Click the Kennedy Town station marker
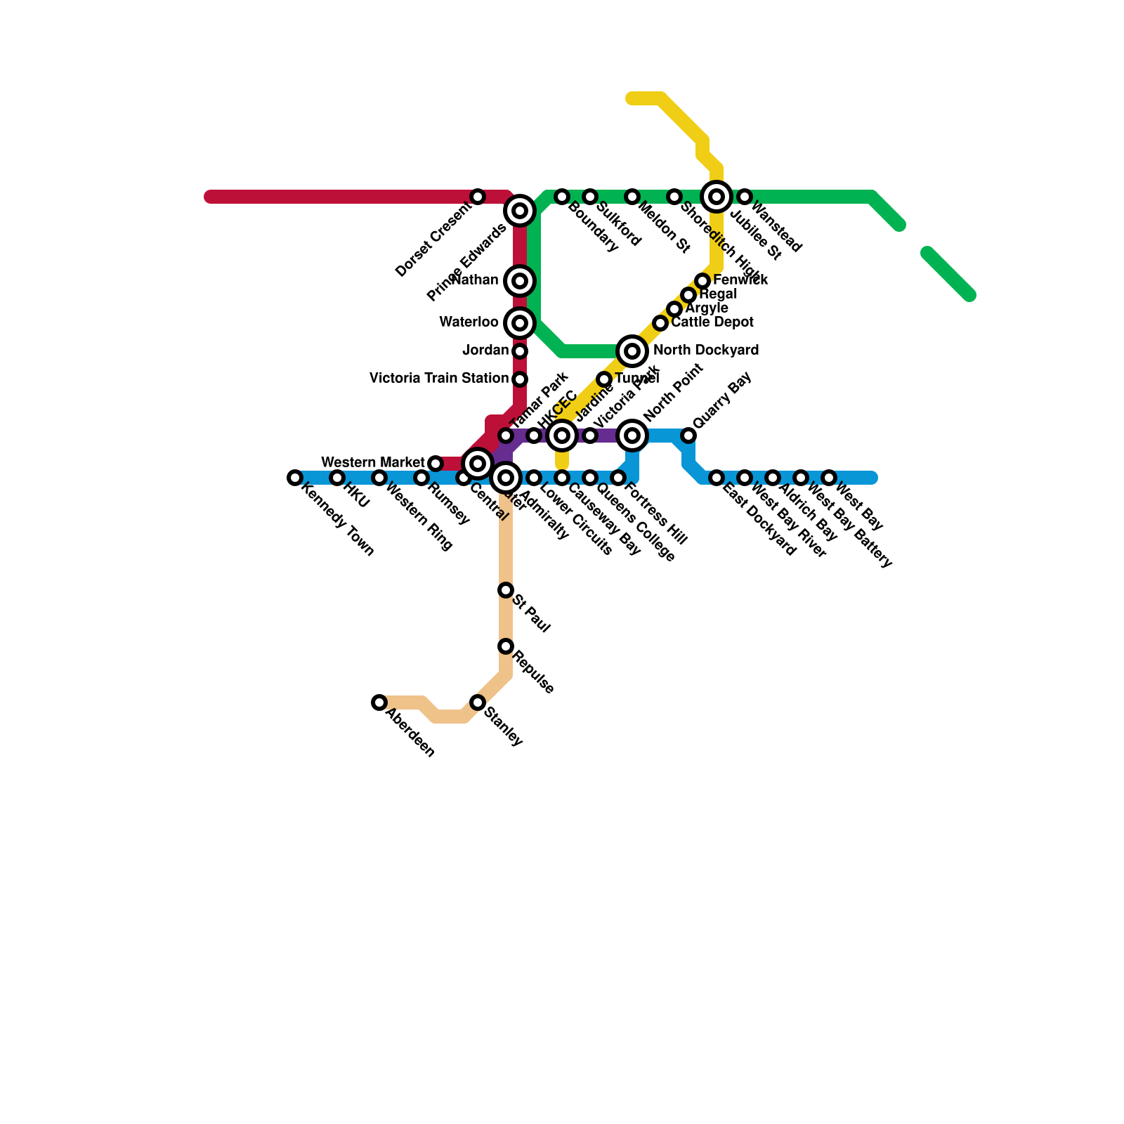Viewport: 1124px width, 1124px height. [x=295, y=478]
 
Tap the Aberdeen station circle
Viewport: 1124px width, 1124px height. [x=379, y=702]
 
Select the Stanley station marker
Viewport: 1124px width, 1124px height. [x=478, y=702]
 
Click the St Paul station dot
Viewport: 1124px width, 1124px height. [x=506, y=590]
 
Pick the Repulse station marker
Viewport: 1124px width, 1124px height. [x=506, y=646]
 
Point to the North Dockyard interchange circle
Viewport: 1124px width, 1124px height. [x=632, y=351]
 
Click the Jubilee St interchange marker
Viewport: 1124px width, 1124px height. [x=717, y=197]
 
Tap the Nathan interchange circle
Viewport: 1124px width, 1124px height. [x=520, y=281]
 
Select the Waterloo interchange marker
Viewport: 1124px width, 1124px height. [x=520, y=323]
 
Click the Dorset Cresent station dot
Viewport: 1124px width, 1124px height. [x=478, y=197]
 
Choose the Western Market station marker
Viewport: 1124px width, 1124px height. [x=436, y=464]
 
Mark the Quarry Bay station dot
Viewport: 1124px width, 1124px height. [x=688, y=436]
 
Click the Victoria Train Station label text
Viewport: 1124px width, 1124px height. [x=438, y=379]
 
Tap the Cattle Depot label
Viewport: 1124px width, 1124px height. [x=712, y=322]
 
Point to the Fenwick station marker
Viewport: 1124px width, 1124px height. [x=702, y=281]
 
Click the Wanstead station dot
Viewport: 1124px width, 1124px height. [x=745, y=197]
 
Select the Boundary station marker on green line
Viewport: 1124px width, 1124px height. [x=562, y=197]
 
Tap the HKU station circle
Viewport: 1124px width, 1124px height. [x=337, y=478]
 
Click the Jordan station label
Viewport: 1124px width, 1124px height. [x=485, y=351]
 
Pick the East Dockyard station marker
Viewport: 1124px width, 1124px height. [x=717, y=478]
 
